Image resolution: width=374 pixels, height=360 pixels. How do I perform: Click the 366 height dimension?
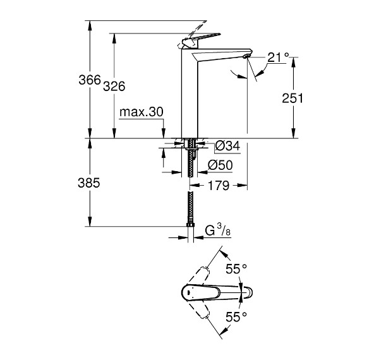coord(90,80)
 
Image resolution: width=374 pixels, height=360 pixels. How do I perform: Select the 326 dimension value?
coord(114,86)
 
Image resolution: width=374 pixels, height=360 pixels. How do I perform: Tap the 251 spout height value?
coord(293,98)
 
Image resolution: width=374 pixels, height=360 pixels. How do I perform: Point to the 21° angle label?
coord(278,57)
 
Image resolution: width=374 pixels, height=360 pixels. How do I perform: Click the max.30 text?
coord(142,112)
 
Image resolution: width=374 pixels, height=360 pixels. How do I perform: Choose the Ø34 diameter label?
coord(227,146)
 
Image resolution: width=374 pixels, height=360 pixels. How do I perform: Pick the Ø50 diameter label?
coord(220,165)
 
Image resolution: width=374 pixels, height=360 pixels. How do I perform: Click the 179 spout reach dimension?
coord(219,185)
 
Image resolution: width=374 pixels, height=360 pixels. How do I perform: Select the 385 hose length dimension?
coord(88,183)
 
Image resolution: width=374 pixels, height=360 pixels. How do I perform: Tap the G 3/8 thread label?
coord(218,231)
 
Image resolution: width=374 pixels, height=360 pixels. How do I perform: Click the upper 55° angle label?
coord(236,269)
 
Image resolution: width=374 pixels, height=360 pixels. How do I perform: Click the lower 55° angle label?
coord(236,317)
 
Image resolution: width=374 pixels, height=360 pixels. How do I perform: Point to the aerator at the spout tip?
coord(246,56)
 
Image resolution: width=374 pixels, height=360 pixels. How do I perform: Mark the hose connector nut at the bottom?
coord(190,225)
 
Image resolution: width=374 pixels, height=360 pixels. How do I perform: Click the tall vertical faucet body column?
coord(190,95)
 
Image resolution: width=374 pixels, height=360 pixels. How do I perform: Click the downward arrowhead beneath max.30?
coord(164,133)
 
